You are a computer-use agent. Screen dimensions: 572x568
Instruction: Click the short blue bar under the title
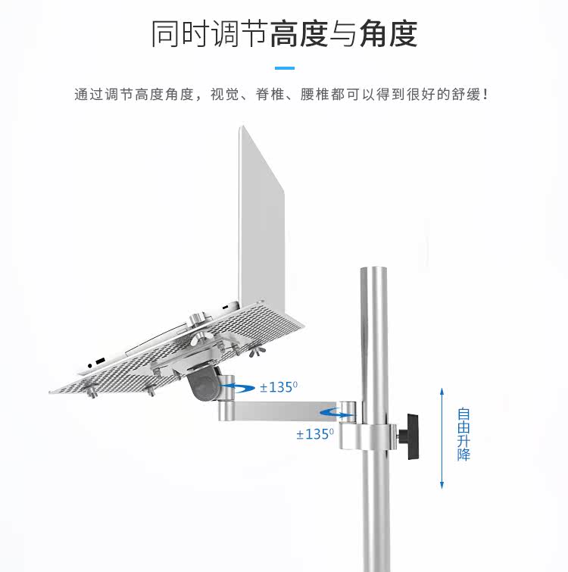click(284, 68)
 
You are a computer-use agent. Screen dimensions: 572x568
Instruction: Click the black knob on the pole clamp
click(414, 436)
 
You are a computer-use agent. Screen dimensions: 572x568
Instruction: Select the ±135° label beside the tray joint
click(279, 387)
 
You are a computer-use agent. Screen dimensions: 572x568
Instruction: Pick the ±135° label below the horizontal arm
click(315, 434)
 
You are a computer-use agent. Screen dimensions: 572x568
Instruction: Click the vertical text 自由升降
click(463, 435)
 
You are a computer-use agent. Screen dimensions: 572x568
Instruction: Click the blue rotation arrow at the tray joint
click(237, 387)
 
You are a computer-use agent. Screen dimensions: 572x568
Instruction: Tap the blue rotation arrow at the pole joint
click(338, 414)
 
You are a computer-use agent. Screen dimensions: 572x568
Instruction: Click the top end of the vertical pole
click(373, 272)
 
